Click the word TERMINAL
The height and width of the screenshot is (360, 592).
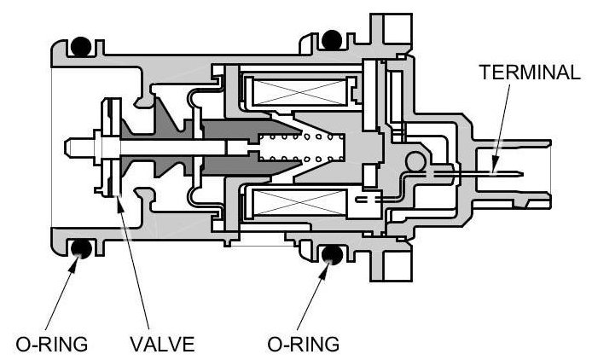530,72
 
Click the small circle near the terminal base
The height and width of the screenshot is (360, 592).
415,160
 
